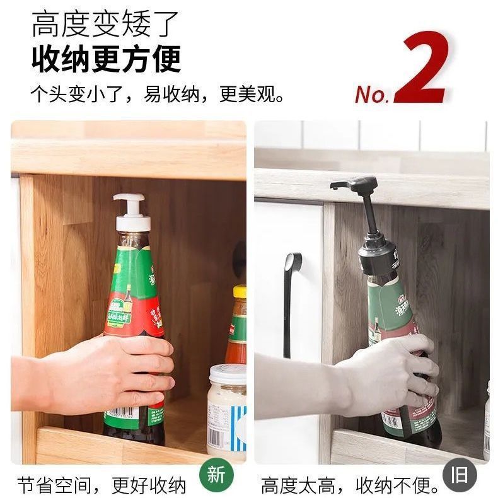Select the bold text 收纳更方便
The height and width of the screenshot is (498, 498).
tap(106, 59)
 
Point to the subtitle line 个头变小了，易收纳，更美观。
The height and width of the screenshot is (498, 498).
tap(158, 95)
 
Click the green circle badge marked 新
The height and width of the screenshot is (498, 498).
tap(216, 475)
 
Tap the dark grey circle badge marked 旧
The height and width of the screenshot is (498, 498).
tap(460, 475)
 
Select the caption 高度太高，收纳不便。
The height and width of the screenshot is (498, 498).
tap(350, 485)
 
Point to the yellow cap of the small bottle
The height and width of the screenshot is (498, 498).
tap(240, 291)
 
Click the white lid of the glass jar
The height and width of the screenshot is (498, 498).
tap(227, 374)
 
